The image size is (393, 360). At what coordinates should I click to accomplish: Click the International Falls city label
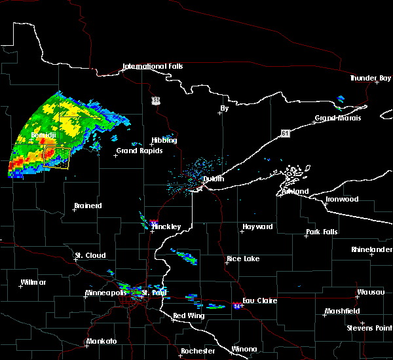(x=153, y=66)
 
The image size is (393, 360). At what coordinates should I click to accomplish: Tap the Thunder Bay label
(x=371, y=78)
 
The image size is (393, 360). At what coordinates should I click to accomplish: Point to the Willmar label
(x=33, y=282)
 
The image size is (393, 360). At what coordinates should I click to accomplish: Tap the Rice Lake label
(x=243, y=259)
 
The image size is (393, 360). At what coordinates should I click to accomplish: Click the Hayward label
(x=257, y=226)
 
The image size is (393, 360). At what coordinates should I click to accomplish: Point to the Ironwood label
(x=342, y=199)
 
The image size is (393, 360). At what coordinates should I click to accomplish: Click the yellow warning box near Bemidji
(x=56, y=157)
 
